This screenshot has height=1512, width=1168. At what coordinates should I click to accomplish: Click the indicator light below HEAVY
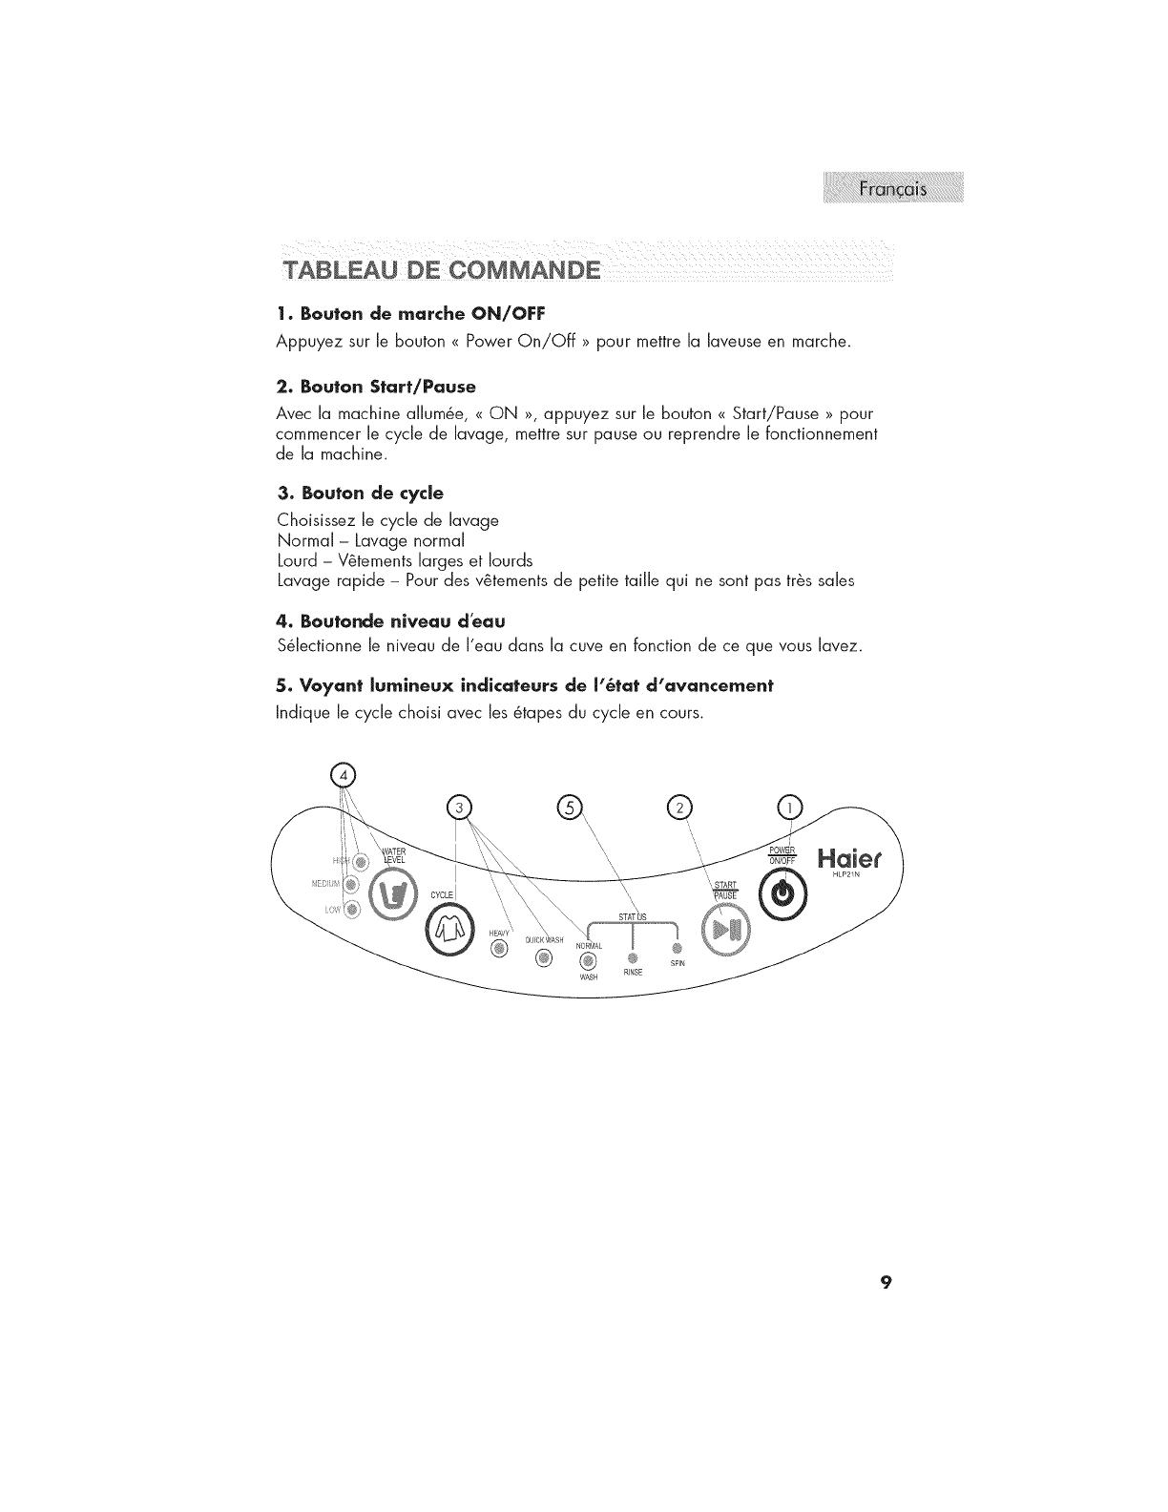pyautogui.click(x=497, y=949)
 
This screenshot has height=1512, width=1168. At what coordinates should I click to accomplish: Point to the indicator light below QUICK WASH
pyautogui.click(x=543, y=958)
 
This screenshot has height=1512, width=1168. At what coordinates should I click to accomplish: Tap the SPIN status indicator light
pyautogui.click(x=677, y=949)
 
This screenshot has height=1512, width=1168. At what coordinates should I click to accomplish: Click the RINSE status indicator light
pyautogui.click(x=630, y=957)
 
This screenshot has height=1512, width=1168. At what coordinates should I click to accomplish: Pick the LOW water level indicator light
pyautogui.click(x=354, y=909)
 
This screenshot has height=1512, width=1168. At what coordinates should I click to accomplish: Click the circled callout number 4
pyautogui.click(x=341, y=772)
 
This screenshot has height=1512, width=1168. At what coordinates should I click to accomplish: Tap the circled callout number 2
pyautogui.click(x=678, y=808)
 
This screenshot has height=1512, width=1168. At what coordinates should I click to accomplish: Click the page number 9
pyautogui.click(x=886, y=1282)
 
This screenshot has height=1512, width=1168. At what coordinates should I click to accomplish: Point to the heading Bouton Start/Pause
pyautogui.click(x=374, y=386)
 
